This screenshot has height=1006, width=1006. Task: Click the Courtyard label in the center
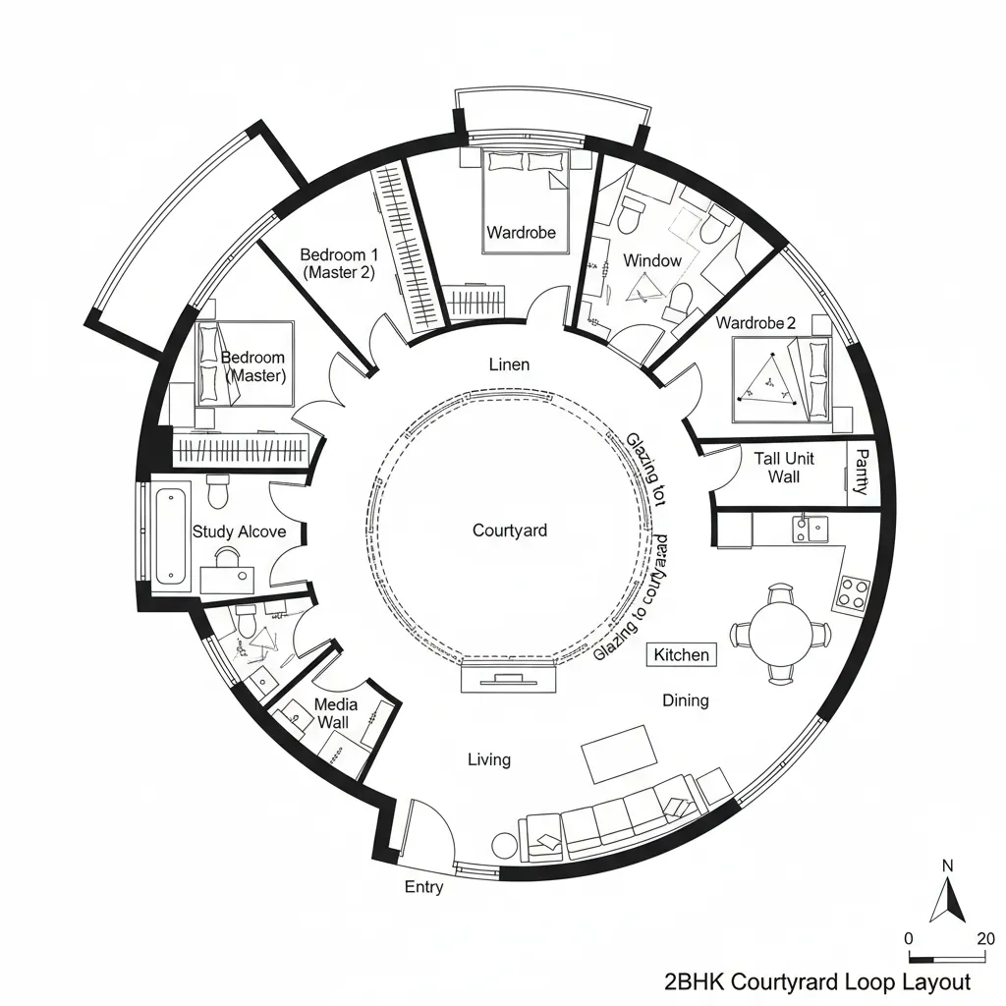[509, 531]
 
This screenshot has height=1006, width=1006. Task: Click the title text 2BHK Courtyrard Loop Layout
[816, 981]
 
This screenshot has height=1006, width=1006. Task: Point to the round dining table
[781, 633]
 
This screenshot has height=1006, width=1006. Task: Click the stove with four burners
[852, 591]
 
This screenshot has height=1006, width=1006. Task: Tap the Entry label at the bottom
[423, 887]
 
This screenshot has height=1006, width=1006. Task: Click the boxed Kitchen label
[681, 654]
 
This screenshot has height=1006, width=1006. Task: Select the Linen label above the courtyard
[509, 364]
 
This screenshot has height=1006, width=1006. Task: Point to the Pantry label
[861, 472]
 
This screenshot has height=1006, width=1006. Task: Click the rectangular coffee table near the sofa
[620, 754]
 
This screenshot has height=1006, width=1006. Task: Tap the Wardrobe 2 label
[755, 323]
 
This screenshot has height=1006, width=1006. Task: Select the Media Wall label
[336, 713]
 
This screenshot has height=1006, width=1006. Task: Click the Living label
[488, 759]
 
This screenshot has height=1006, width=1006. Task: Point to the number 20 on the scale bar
[985, 938]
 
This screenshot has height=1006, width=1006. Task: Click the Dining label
[685, 700]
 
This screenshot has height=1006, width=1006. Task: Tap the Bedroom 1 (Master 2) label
[337, 263]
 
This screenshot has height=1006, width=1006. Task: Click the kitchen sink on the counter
[811, 530]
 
